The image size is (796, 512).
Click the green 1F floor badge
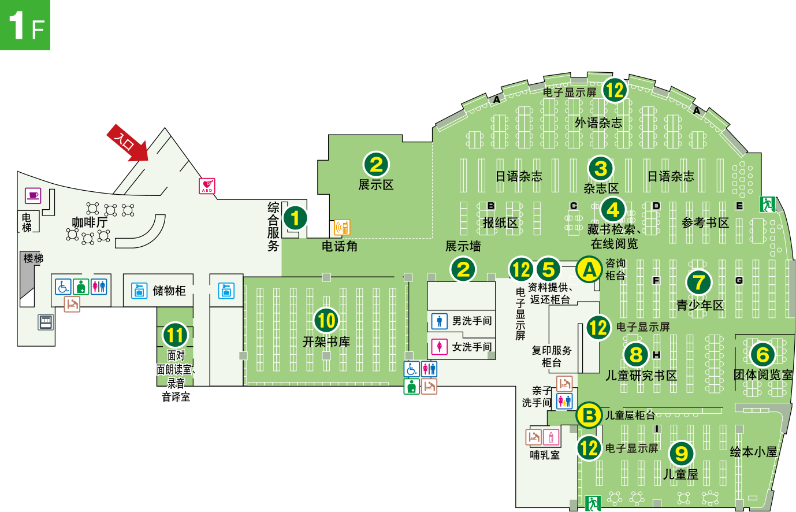click(25, 25)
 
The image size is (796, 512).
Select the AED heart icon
click(207, 186)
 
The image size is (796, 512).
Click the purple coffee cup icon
click(34, 196)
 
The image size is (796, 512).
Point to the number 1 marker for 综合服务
click(295, 218)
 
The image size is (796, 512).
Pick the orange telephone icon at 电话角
click(342, 228)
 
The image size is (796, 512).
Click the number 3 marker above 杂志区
click(601, 169)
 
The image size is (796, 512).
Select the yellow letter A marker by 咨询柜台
click(589, 270)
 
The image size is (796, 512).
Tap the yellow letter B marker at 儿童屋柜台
click(589, 415)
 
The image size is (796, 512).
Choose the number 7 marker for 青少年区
click(699, 283)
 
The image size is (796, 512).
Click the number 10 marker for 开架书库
click(326, 320)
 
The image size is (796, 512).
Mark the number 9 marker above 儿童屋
click(682, 454)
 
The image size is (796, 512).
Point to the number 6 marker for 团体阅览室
click(762, 355)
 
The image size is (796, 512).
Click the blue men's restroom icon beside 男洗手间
click(440, 321)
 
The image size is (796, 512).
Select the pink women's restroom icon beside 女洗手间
click(440, 347)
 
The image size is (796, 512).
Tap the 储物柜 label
click(169, 291)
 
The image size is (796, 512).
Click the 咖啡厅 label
click(90, 222)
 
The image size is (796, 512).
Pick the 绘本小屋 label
click(753, 452)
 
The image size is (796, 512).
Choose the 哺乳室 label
click(545, 455)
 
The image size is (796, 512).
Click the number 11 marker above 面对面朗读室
click(175, 335)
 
